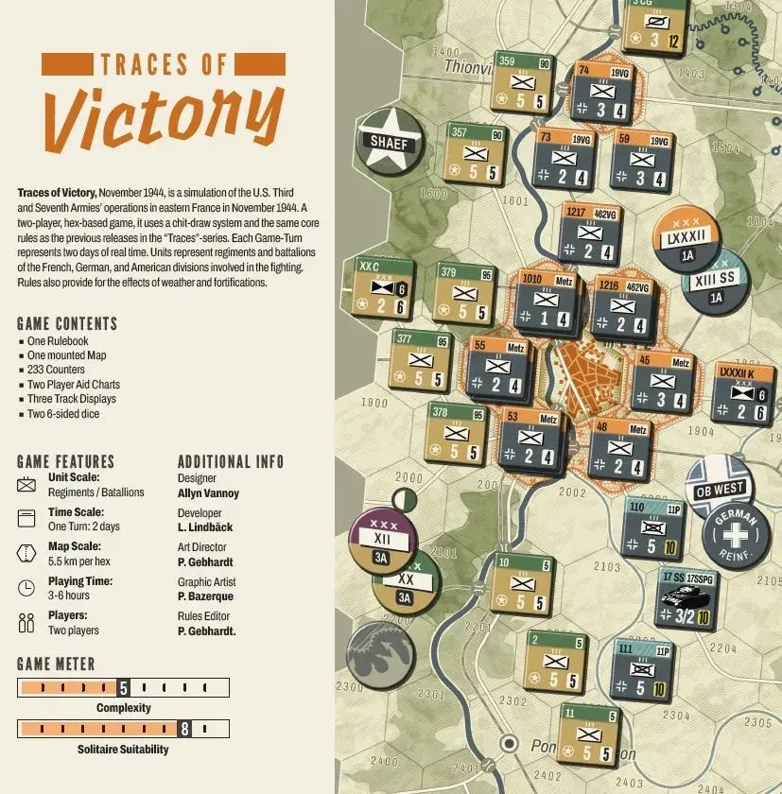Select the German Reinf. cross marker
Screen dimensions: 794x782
click(x=735, y=536)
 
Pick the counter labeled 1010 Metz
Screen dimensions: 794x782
click(x=547, y=301)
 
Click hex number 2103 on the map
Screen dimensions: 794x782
click(x=607, y=566)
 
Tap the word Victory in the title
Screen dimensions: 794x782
click(x=163, y=117)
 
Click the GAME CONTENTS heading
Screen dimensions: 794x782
click(x=67, y=323)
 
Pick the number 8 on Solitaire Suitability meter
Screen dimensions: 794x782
click(x=184, y=729)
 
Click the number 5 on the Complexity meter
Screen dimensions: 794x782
click(x=123, y=688)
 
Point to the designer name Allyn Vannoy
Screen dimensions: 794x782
click(x=208, y=492)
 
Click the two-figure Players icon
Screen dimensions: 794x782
click(x=26, y=623)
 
